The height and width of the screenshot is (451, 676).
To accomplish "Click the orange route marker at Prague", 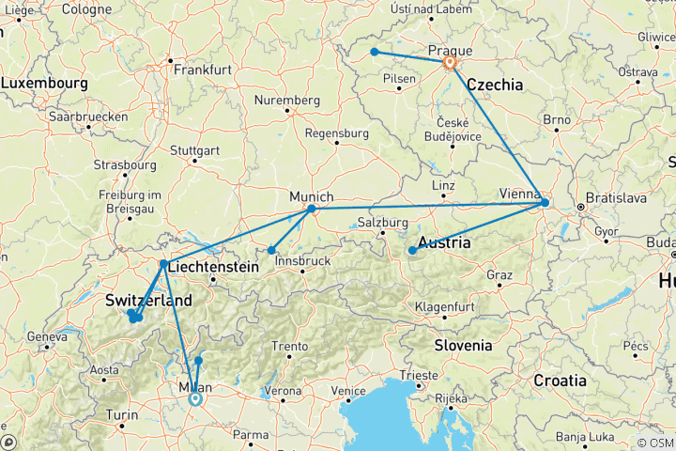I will (450, 63).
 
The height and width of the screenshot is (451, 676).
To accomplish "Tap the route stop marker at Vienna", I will (545, 203).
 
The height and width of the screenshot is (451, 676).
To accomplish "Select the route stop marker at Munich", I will (311, 209).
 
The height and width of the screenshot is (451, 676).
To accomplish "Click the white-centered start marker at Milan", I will (195, 398).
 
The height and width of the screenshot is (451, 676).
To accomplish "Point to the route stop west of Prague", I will (374, 52).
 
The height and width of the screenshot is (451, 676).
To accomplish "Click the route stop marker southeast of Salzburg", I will (412, 250).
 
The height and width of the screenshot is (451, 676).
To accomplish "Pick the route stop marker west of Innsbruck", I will (271, 250).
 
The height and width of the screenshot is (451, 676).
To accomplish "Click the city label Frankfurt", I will (202, 70).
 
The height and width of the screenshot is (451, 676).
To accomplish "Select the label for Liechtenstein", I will (214, 268).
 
